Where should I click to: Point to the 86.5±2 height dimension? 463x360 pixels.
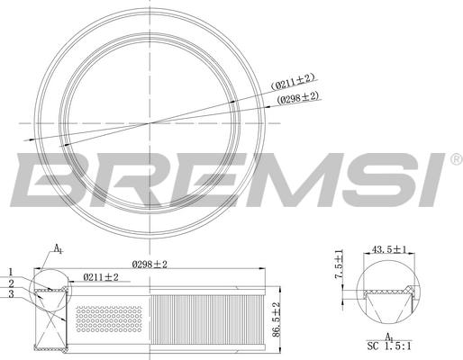pos(277,317)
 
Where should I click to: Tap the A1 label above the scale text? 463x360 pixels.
pos(389,334)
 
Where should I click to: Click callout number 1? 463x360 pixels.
pos(12,271)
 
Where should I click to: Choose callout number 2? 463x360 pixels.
pos(12,283)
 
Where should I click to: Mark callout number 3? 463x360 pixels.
pos(12,293)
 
